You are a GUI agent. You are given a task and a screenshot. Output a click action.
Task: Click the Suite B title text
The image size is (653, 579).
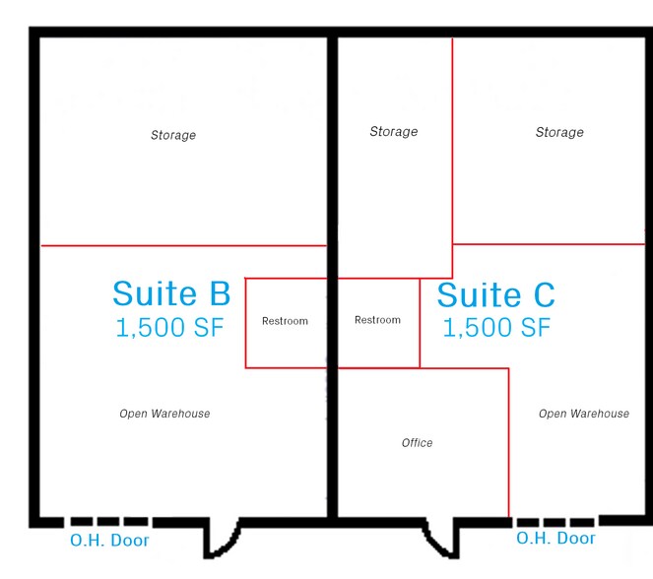[x=171, y=293]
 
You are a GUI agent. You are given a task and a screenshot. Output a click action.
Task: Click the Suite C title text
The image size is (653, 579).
[x=496, y=294]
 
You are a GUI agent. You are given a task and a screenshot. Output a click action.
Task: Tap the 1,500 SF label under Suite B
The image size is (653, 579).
[x=170, y=327]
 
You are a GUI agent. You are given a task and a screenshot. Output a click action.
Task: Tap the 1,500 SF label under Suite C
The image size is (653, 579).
[x=496, y=327]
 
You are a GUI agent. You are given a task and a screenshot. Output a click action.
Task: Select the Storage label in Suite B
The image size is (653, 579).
[x=173, y=135]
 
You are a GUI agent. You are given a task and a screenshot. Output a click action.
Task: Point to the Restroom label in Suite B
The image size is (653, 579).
[x=285, y=321]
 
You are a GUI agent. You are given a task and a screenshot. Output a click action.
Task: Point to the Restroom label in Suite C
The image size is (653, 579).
[x=378, y=320]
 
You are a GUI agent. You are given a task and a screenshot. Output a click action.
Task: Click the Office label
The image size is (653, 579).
[x=417, y=442]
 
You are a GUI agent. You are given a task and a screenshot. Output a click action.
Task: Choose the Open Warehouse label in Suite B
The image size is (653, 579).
[x=164, y=414]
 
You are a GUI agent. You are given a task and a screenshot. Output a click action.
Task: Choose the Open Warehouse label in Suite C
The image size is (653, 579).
[x=584, y=414]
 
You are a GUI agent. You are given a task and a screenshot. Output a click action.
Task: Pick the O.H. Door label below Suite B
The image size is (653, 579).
[x=109, y=541]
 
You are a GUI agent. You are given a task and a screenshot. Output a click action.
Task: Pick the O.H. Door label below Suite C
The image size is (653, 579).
[x=555, y=539]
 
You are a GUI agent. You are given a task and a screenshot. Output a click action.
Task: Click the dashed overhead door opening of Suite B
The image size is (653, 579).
[x=109, y=522]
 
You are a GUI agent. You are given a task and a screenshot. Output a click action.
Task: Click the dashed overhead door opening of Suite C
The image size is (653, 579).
[x=555, y=523]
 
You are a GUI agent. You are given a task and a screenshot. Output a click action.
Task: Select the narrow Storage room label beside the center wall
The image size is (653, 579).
[x=394, y=132]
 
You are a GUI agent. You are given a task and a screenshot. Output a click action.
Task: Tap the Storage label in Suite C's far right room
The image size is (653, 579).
[x=559, y=132]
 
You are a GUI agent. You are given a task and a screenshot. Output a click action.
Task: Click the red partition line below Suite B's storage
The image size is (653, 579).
[x=183, y=245]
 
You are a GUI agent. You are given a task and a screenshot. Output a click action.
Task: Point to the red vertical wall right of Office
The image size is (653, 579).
[x=508, y=442]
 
